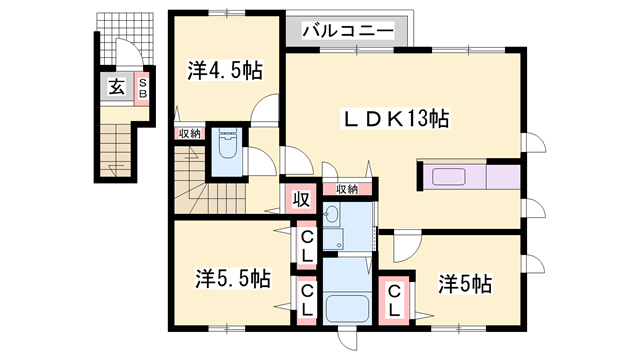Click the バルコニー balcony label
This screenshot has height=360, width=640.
tap(348, 31)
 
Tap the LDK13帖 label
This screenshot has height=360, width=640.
tap(396, 119)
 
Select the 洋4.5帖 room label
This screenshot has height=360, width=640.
tap(225, 70)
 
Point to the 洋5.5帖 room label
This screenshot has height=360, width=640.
tap(233, 279)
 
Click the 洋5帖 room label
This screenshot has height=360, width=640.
tap(465, 284)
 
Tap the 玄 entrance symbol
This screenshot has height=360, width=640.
tap(116, 87)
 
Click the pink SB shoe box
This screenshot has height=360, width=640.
tap(142, 89)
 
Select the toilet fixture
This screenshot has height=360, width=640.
tap(227, 144)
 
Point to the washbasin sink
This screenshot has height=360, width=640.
tap(331, 213)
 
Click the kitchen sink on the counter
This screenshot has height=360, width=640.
tap(448, 177)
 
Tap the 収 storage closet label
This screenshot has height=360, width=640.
tap(301, 200)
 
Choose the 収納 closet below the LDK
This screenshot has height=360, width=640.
tap(347, 189)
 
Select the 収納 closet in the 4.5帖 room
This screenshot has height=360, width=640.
tap(189, 133)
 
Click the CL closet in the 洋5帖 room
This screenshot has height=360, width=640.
tap(394, 301)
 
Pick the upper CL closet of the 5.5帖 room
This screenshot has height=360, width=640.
tap(307, 245)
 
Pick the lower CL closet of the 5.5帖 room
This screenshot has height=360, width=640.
tap(307, 300)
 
